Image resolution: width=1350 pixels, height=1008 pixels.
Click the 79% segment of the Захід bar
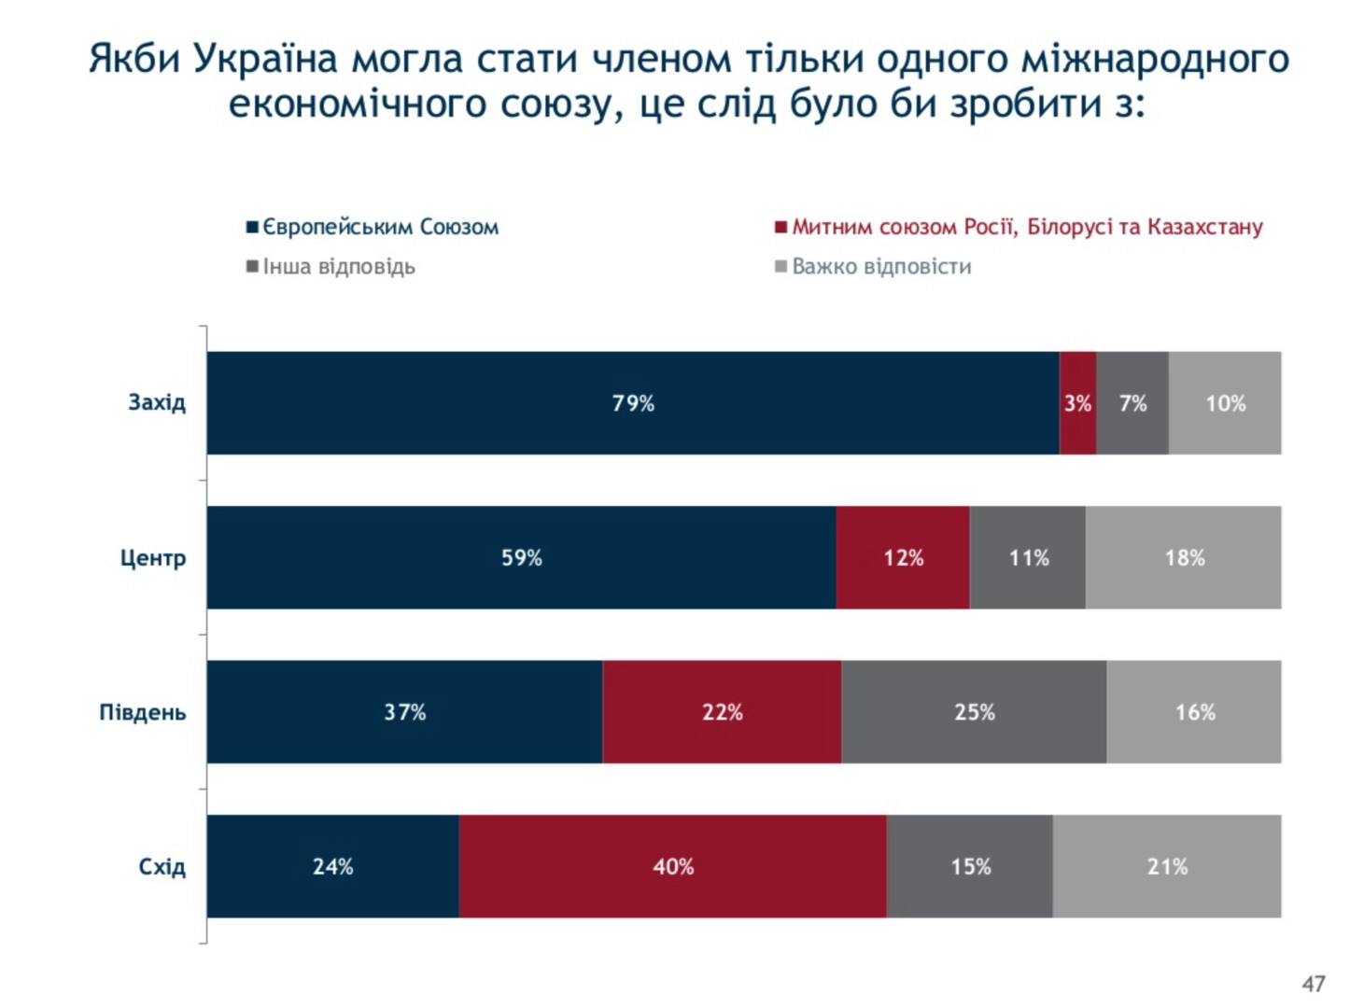tap(633, 403)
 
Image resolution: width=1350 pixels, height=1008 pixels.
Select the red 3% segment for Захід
tap(1077, 403)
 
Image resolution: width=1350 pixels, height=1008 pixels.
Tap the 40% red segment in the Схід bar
tap(672, 866)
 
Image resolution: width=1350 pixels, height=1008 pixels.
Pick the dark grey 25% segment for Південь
tap(974, 712)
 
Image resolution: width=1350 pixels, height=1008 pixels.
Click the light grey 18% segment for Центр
tap(1184, 558)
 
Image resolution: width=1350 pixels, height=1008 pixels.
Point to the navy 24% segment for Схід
tap(332, 866)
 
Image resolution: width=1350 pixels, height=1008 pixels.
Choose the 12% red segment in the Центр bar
tap(903, 558)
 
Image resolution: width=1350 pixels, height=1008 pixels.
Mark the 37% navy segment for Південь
tap(404, 712)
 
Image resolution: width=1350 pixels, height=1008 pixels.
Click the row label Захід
tap(157, 402)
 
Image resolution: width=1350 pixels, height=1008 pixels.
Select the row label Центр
tap(153, 558)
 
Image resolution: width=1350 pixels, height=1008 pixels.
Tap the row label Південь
tap(143, 712)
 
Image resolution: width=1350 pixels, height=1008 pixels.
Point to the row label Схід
tap(162, 867)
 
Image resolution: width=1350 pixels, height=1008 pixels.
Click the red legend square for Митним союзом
tap(780, 227)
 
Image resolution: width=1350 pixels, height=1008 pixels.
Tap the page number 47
tap(1314, 984)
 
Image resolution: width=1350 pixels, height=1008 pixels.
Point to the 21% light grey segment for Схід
tap(1167, 866)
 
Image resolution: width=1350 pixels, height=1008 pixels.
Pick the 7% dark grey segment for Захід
tap(1132, 403)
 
